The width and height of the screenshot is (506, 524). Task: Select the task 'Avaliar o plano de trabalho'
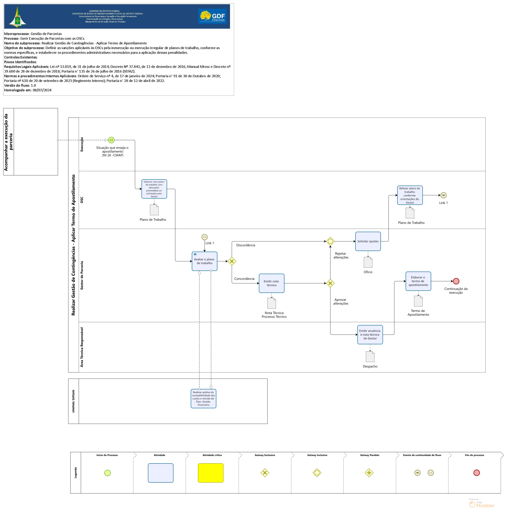204,261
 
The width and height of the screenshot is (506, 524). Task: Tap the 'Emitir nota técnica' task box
272,283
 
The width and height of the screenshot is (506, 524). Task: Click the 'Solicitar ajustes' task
368,241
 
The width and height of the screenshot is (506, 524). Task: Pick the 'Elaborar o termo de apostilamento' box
418,281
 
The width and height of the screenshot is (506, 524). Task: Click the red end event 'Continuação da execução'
456,281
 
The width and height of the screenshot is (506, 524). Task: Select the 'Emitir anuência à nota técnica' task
370,334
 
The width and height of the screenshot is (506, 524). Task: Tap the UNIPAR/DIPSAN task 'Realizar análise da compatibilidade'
203,398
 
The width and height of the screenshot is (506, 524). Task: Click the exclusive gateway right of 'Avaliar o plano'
232,261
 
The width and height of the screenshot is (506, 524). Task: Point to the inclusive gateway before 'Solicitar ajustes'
330,241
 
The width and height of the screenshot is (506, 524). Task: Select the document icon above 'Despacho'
370,356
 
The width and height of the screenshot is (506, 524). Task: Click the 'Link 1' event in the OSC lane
443,195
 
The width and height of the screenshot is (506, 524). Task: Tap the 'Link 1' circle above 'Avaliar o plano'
204,237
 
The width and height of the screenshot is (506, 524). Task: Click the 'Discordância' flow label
246,245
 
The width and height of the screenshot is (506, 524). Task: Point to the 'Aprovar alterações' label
341,302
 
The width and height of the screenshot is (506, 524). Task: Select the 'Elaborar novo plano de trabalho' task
154,189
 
